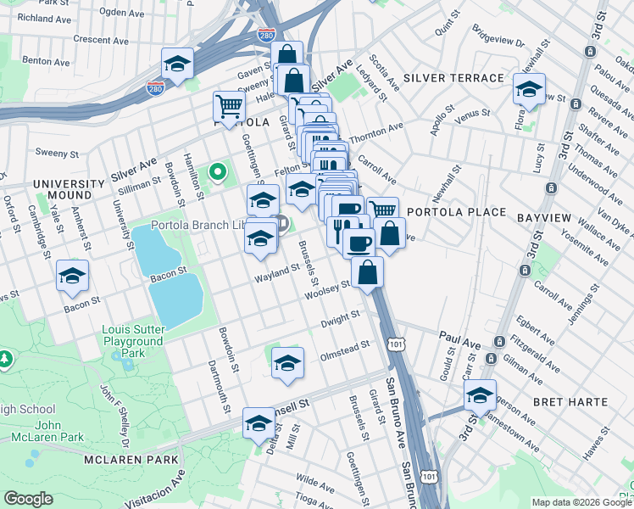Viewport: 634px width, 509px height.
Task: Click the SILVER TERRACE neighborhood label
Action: tap(453, 78)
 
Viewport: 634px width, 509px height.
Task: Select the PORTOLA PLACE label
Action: tap(456, 212)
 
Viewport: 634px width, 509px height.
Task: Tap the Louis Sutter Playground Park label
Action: tap(132, 341)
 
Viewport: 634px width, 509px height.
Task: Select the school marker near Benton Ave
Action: tap(178, 64)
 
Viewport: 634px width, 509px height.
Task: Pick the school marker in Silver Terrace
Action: tap(529, 89)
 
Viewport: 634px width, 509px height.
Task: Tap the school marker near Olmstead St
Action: tap(288, 363)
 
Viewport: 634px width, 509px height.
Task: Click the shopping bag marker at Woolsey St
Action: tap(368, 273)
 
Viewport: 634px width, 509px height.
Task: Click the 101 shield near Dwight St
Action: tap(395, 343)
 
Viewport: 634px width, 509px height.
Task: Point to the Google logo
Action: tap(28, 499)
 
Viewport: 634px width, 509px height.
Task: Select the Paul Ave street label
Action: tap(460, 337)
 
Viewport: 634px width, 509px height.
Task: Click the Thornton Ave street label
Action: tap(375, 131)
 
